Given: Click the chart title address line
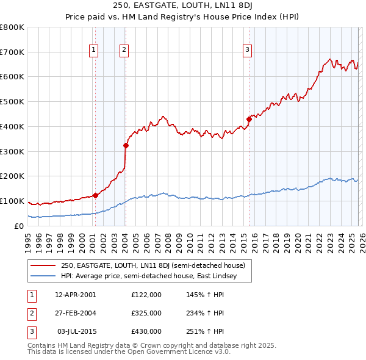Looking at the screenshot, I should click(182, 5).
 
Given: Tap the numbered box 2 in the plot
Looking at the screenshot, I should click(124, 50).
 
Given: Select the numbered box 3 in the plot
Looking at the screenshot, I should click(248, 50).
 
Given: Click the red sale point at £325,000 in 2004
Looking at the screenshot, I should click(126, 145).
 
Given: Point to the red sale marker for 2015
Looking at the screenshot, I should click(249, 119).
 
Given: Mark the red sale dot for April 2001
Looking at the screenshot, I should click(95, 195).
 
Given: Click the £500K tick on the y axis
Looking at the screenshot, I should click(12, 102).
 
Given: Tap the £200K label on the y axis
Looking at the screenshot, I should click(12, 176).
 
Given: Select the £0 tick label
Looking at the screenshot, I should click(20, 226).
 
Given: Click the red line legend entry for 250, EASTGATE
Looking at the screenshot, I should click(152, 265).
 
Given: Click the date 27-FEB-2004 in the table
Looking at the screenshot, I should click(76, 313).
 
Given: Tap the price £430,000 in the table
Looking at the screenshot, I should click(146, 331).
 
